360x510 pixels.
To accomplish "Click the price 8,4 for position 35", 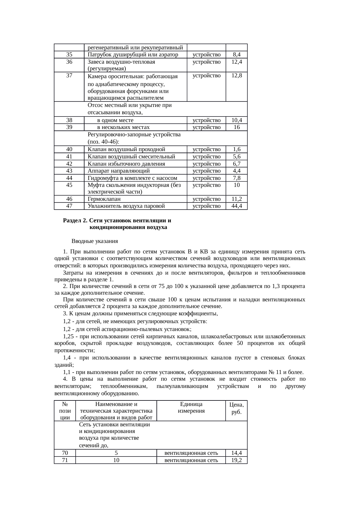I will [237, 55].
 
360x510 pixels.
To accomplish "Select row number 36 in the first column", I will [69, 62].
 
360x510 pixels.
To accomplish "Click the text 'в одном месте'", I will [115, 120].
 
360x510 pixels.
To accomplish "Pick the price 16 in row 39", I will [237, 127].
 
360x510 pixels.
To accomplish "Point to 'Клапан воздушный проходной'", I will [126, 149].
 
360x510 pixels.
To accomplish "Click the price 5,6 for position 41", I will [237, 157].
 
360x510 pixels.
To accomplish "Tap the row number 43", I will [69, 171].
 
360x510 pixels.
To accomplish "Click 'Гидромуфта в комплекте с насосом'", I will [132, 178].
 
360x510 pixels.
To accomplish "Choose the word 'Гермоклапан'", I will [104, 199].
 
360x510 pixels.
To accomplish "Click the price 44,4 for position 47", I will [237, 206].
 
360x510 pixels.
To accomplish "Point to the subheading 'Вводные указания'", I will [95, 241].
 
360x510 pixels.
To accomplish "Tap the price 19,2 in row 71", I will [237, 460].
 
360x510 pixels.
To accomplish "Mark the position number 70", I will [65, 453].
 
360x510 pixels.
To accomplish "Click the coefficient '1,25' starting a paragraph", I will [69, 337].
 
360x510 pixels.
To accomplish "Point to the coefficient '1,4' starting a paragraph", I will [67, 358].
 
